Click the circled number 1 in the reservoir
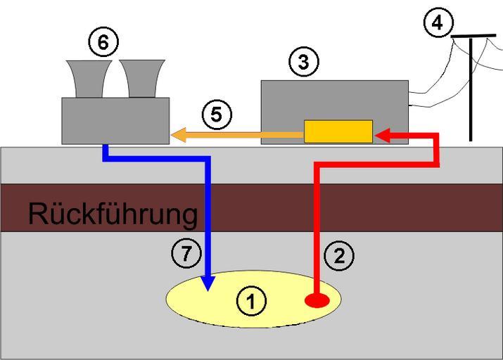[251, 302]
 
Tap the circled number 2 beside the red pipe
[340, 257]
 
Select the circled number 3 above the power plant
[303, 63]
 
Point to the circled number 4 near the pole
[438, 22]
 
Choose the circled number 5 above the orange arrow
[217, 114]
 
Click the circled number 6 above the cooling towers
[103, 43]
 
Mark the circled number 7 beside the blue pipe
[186, 254]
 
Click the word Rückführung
[113, 214]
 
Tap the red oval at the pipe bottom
[317, 301]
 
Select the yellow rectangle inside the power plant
[338, 131]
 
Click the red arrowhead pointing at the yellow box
[383, 136]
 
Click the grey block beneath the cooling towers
[115, 120]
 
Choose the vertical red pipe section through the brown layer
[317, 207]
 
